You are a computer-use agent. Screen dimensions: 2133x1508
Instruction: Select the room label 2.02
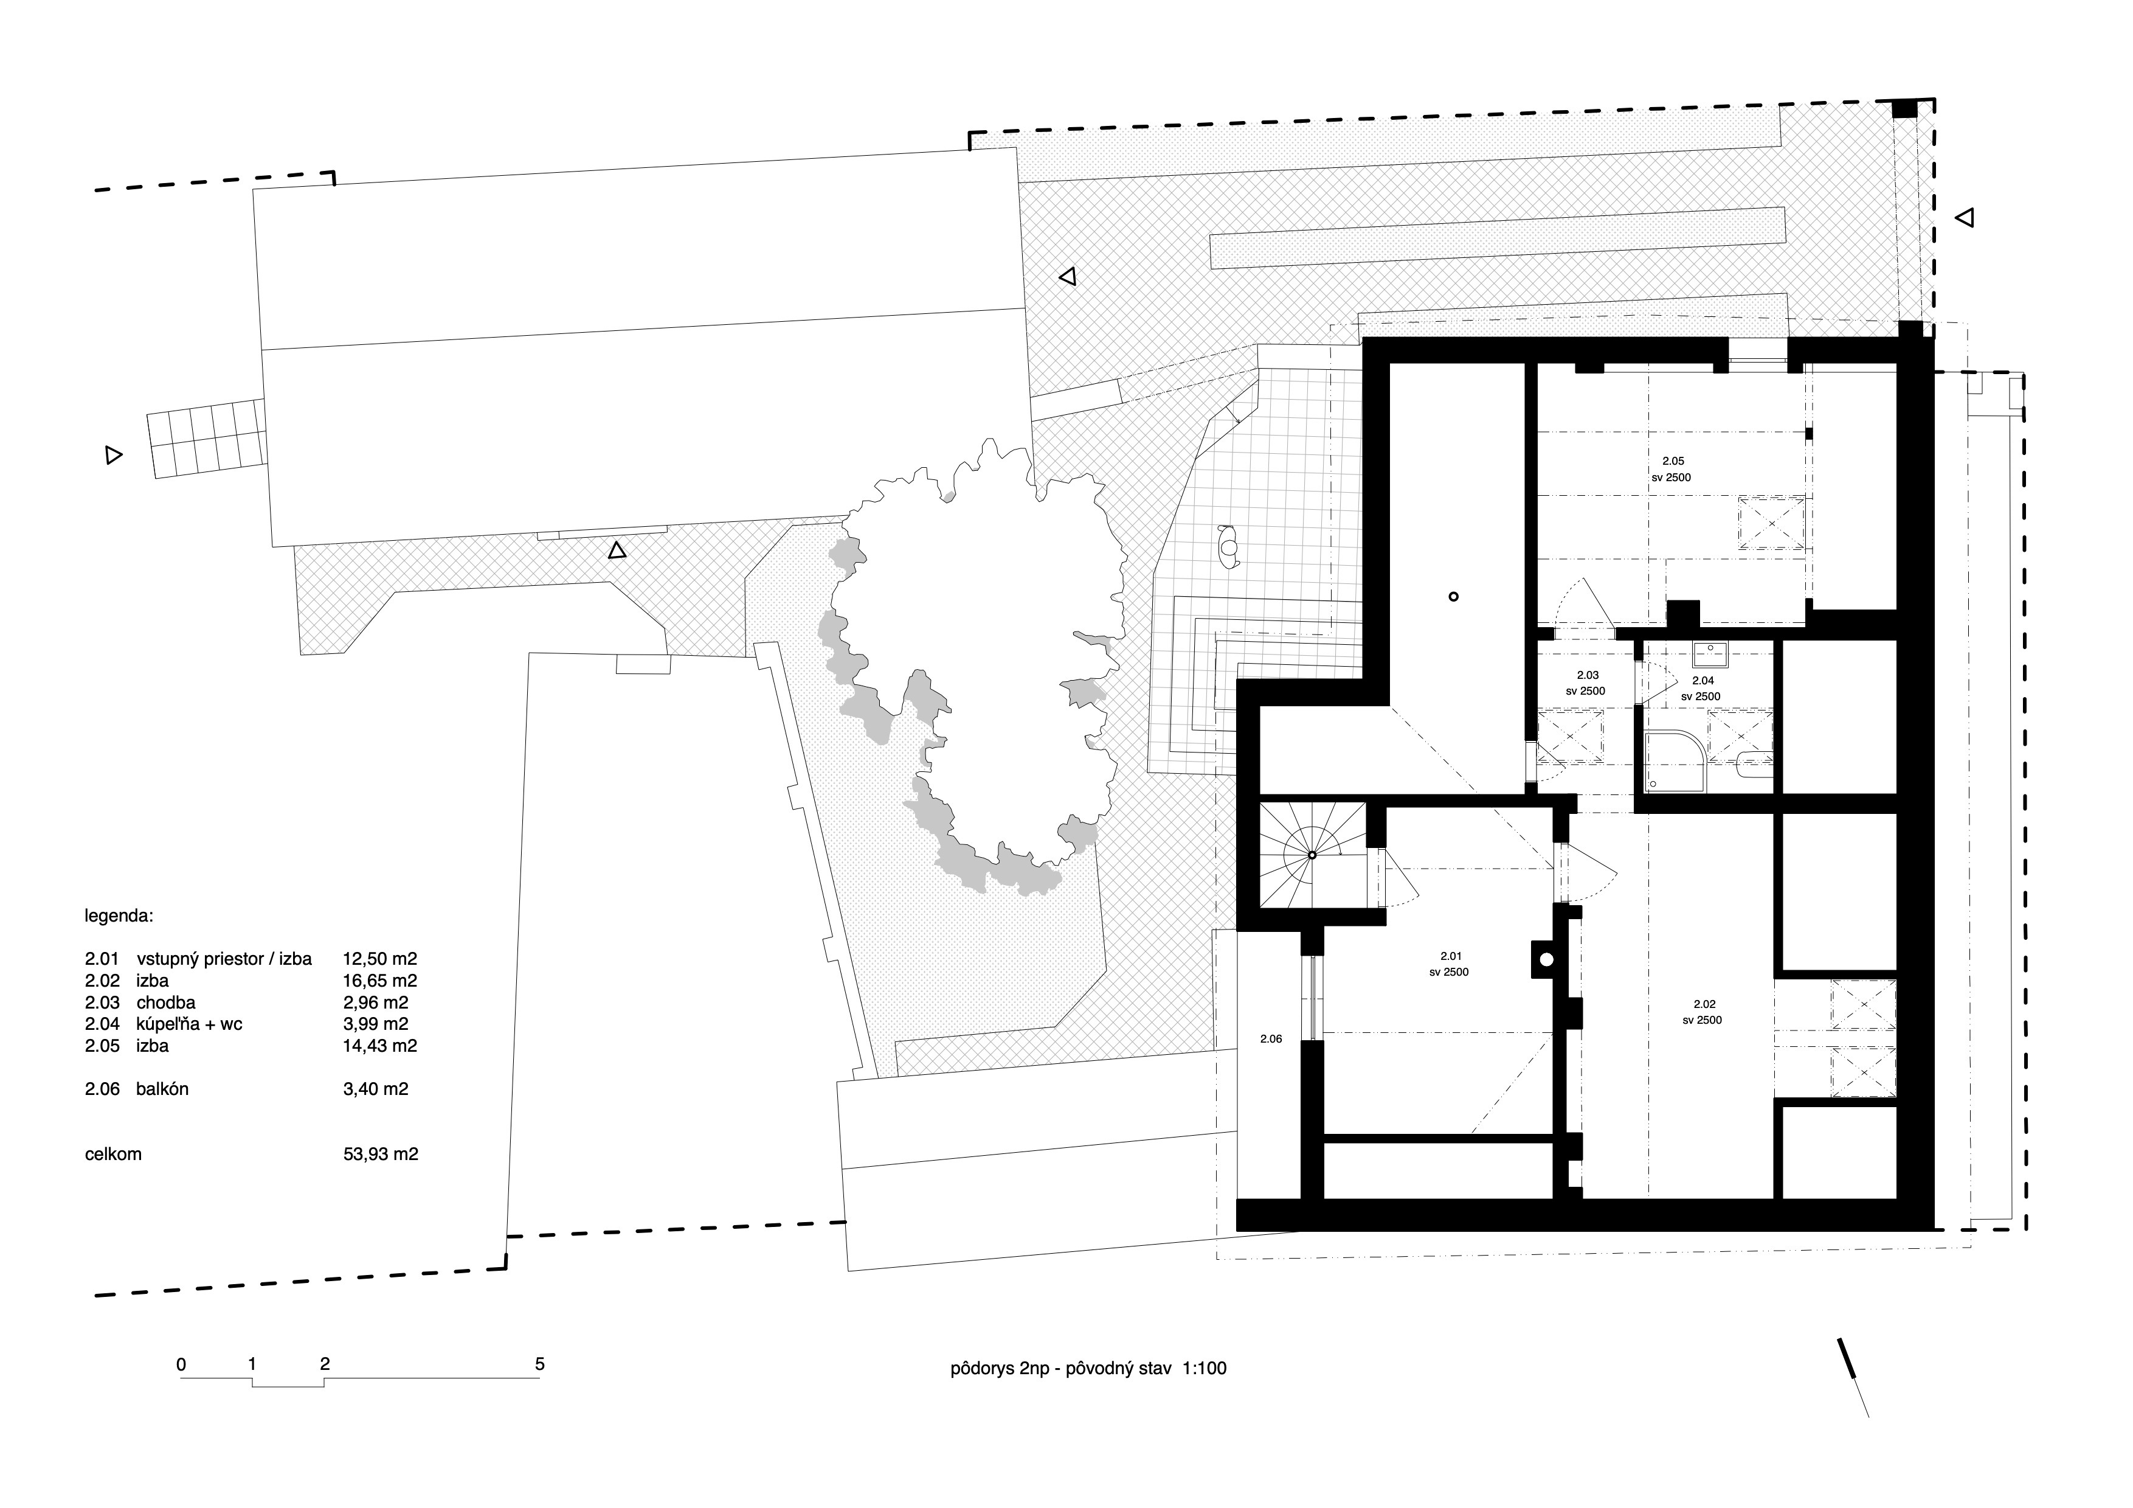pos(1704,1004)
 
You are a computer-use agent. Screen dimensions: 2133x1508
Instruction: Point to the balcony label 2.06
pos(1271,1039)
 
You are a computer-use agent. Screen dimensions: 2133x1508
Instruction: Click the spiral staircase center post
pos(1312,855)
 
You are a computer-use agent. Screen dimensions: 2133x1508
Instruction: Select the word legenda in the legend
pos(119,916)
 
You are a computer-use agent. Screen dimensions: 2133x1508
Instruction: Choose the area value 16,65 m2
pos(380,980)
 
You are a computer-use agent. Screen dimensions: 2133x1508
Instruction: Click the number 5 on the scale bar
pos(540,1364)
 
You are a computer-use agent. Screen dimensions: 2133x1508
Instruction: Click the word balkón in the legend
pos(162,1089)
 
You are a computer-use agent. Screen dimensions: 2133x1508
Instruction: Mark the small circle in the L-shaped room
pos(1454,597)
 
